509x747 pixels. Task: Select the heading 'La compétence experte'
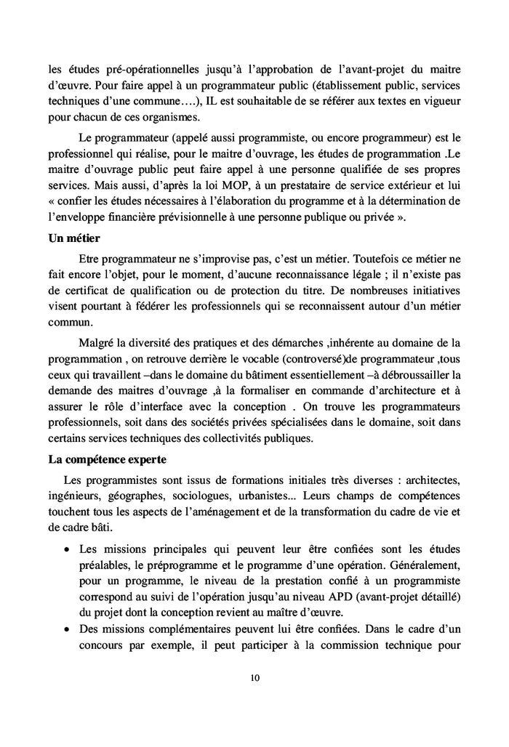pyautogui.click(x=107, y=459)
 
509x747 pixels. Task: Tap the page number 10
pyautogui.click(x=254, y=678)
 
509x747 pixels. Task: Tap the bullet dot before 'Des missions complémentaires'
pyautogui.click(x=67, y=631)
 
